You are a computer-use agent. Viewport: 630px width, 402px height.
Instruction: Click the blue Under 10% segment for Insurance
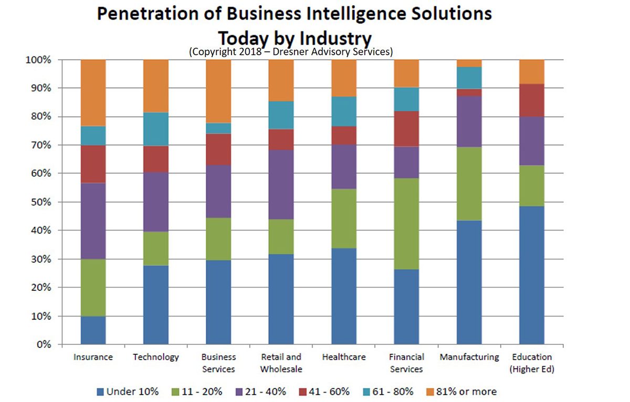(x=93, y=330)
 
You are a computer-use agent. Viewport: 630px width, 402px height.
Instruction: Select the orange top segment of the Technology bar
(x=156, y=85)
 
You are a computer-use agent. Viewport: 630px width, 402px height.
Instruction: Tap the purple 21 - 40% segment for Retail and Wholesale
(x=281, y=184)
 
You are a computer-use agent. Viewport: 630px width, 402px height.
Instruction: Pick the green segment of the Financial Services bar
(x=406, y=224)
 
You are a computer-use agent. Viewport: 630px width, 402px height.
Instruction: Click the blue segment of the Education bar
(x=531, y=275)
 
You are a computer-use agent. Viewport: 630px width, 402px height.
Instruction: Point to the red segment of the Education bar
(x=531, y=100)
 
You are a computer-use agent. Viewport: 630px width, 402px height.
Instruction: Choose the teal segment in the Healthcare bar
(x=344, y=111)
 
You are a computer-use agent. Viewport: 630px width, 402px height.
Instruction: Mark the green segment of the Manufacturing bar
(x=469, y=183)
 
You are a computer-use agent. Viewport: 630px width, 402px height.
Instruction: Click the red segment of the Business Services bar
(x=218, y=149)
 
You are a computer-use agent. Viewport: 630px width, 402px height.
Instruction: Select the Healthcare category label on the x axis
(x=344, y=357)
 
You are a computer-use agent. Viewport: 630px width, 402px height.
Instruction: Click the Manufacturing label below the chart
(x=469, y=357)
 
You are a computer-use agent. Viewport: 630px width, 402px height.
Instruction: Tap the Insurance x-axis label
(x=93, y=357)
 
